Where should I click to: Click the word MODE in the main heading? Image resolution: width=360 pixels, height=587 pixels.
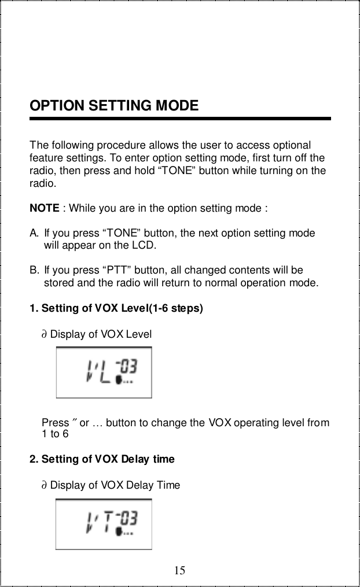pyautogui.click(x=177, y=106)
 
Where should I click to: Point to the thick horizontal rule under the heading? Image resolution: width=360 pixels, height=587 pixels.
pyautogui.click(x=180, y=119)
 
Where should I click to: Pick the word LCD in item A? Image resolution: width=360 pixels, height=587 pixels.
pyautogui.click(x=144, y=245)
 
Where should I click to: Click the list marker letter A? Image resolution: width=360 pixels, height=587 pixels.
pyautogui.click(x=34, y=233)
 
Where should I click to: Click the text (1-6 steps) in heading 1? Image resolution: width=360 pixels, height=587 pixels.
pyautogui.click(x=177, y=308)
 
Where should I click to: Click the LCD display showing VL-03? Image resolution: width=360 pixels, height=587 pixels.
pyautogui.click(x=104, y=372)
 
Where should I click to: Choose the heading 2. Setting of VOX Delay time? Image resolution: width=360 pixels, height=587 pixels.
pyautogui.click(x=101, y=459)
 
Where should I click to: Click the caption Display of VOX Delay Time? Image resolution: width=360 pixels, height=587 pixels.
pyautogui.click(x=115, y=485)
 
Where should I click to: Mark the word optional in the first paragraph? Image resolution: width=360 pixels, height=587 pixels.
pyautogui.click(x=293, y=145)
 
